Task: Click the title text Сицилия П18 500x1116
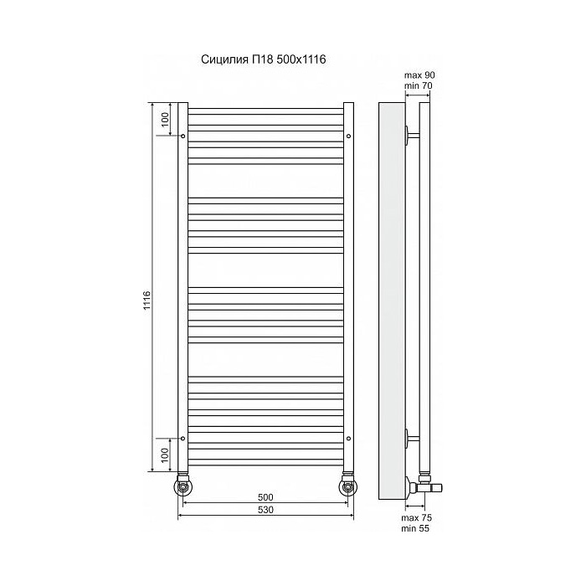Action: pos(264,59)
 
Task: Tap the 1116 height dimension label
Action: pos(146,300)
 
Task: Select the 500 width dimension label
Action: pos(265,497)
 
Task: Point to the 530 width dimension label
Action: pos(265,510)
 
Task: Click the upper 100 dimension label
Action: pos(165,120)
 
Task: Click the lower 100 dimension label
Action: pos(165,455)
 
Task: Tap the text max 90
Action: pos(419,75)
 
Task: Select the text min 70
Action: pos(419,85)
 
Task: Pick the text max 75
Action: pos(416,518)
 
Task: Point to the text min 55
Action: pos(415,528)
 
